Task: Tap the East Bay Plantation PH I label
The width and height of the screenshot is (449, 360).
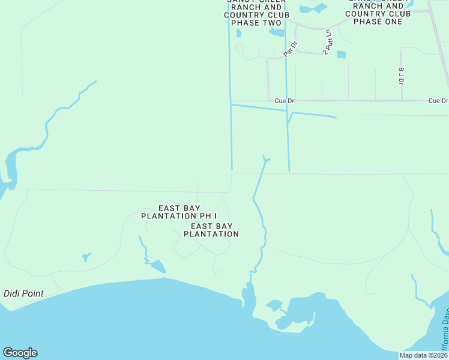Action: (x=179, y=211)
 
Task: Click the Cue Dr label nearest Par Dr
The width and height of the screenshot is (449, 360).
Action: (x=284, y=101)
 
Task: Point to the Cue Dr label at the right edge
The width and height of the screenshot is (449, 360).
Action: (x=438, y=101)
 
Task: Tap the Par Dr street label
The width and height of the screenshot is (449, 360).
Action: (x=292, y=48)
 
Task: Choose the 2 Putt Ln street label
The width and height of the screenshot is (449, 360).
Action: (x=328, y=42)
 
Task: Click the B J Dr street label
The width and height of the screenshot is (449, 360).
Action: (x=401, y=76)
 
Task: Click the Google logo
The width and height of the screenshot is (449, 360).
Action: (x=20, y=353)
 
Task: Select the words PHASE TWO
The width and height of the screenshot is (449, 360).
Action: (x=256, y=23)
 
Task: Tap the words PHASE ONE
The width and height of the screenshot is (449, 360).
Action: (x=378, y=22)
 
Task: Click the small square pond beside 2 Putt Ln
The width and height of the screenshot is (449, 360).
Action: (x=342, y=55)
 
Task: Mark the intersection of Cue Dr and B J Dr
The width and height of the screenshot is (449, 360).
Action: (x=401, y=101)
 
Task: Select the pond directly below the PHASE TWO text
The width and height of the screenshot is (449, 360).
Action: (x=277, y=32)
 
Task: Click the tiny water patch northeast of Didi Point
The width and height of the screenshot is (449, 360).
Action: (x=86, y=257)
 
